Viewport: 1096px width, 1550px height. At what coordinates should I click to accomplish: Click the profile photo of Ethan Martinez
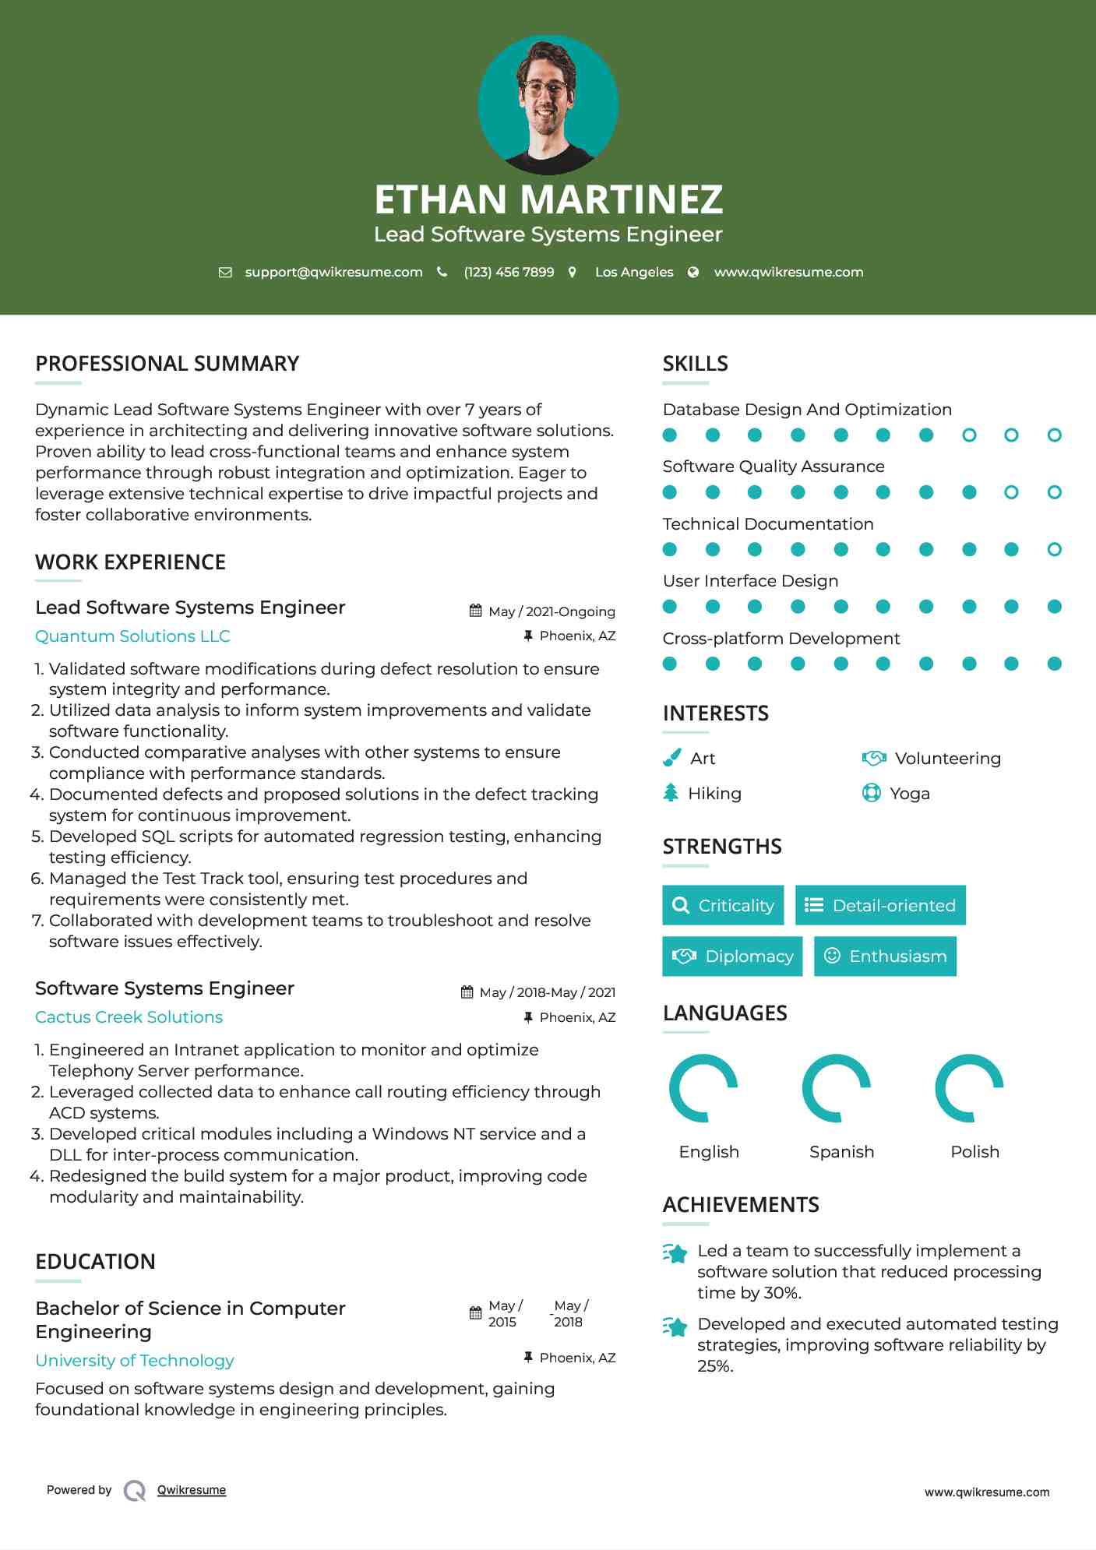coord(548,104)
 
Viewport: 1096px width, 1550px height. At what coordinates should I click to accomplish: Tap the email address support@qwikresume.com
coord(333,273)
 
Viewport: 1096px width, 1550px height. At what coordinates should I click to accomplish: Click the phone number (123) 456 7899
coord(509,273)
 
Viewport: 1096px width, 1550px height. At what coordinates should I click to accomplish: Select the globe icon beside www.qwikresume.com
coord(693,273)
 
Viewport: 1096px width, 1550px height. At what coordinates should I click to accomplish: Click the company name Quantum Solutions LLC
coord(132,636)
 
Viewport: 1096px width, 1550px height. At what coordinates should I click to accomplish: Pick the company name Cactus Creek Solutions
coord(129,1017)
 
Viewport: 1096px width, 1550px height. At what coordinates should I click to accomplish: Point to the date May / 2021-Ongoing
coord(551,612)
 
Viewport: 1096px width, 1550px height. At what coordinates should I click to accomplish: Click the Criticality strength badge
coord(723,905)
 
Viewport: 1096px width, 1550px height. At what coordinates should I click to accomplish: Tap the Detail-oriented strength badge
coord(880,905)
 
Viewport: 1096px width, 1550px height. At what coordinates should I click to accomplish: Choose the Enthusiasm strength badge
coord(885,956)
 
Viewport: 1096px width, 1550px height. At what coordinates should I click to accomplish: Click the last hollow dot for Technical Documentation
coord(1054,550)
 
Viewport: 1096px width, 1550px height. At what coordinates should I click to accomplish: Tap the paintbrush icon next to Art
coord(671,758)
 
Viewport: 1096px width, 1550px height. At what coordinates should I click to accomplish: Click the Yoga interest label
coord(909,794)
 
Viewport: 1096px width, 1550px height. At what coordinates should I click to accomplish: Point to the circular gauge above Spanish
coord(837,1088)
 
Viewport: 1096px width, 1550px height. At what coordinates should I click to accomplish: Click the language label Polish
coord(974,1152)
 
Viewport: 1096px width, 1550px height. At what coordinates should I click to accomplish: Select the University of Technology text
coord(135,1361)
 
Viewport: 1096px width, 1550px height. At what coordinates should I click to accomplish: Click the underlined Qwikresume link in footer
coord(192,1490)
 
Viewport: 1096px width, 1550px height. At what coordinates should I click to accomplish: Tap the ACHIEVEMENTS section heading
coord(741,1205)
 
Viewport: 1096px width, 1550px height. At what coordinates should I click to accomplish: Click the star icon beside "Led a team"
coord(675,1253)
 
